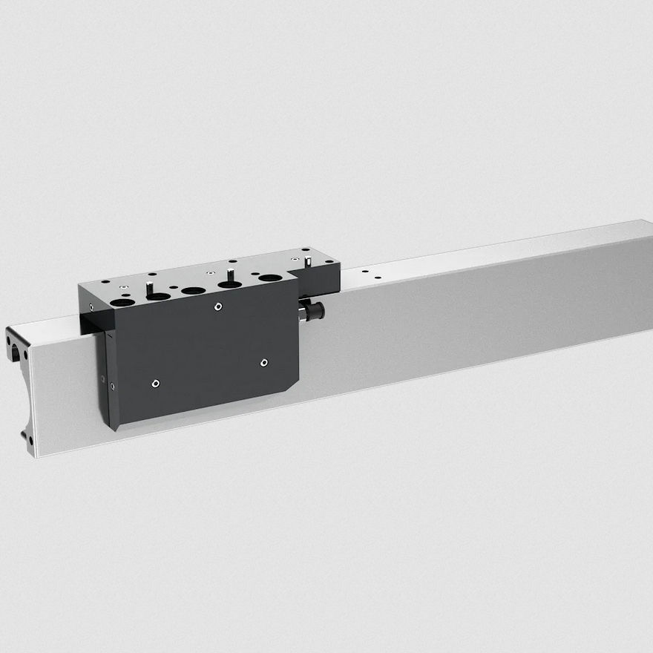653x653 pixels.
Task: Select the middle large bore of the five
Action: [194, 290]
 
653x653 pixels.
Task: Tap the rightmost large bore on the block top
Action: [270, 278]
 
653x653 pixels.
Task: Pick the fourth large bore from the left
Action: [230, 284]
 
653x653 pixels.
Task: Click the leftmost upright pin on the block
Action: [149, 286]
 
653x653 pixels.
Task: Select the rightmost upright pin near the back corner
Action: [308, 261]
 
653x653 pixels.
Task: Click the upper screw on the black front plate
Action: [217, 306]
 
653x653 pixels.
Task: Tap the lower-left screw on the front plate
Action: [154, 384]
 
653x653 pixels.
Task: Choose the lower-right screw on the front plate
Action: [264, 363]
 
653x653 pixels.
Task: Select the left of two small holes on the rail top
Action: [364, 272]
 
